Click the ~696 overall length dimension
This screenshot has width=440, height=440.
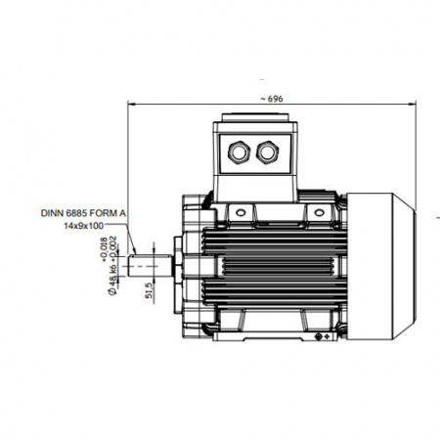[x=272, y=99]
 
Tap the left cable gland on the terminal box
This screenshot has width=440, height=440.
[x=239, y=152]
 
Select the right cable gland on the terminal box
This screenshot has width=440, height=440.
[x=268, y=152]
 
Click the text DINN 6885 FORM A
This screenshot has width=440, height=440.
[x=83, y=213]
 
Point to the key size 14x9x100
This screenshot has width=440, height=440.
[x=83, y=225]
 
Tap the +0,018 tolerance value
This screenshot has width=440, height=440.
[x=105, y=249]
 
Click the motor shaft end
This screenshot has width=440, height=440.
[x=150, y=266]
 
